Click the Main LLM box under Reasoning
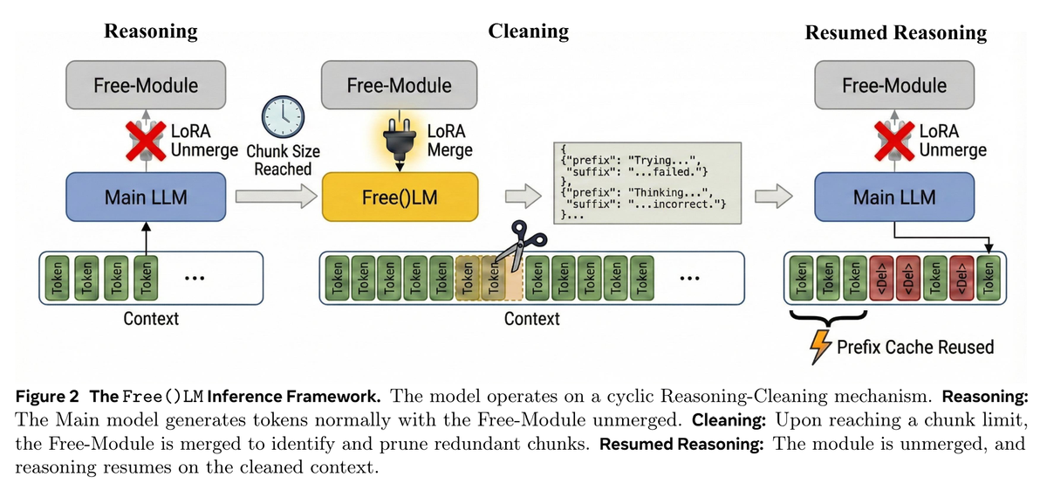[x=146, y=197]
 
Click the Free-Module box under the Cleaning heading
[x=400, y=85]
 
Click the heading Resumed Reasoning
[x=895, y=33]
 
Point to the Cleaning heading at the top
[x=529, y=31]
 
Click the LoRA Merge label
[x=449, y=141]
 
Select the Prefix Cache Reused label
[x=915, y=347]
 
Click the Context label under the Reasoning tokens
[x=151, y=318]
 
